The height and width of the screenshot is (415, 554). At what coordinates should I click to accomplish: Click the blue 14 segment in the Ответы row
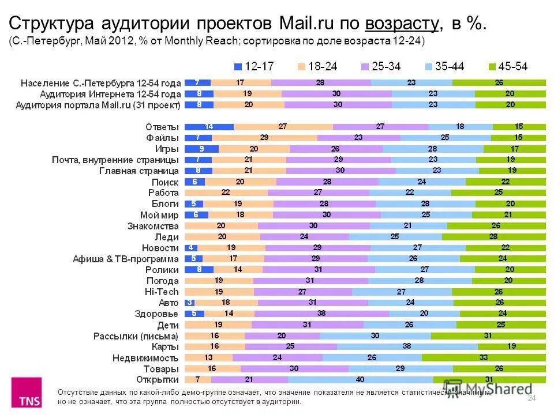(209, 127)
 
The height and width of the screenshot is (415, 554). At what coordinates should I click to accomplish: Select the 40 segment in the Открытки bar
(360, 379)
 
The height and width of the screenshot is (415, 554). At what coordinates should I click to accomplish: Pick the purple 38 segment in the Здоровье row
(321, 314)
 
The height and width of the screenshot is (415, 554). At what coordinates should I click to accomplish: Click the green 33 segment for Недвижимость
(484, 357)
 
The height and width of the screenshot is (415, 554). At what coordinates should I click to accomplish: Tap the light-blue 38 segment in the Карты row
(407, 346)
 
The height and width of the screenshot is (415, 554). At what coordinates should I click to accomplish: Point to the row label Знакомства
(153, 225)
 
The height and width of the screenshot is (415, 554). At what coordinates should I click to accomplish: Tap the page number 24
(532, 398)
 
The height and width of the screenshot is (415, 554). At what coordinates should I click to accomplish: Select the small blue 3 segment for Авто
(189, 303)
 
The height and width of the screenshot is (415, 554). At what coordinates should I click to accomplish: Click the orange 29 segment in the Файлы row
(264, 138)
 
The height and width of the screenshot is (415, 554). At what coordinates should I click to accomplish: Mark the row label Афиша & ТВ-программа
(126, 259)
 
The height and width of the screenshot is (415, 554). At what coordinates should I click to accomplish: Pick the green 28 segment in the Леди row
(494, 236)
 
